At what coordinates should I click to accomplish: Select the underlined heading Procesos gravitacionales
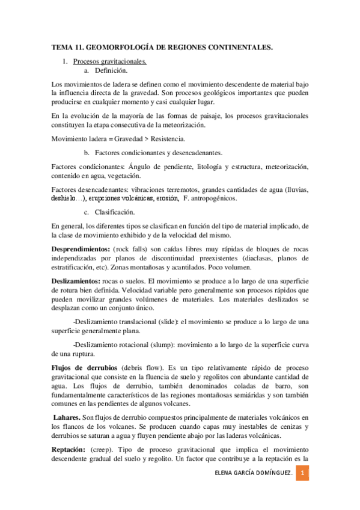(x=109, y=61)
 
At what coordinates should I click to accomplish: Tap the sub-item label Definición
(x=111, y=70)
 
